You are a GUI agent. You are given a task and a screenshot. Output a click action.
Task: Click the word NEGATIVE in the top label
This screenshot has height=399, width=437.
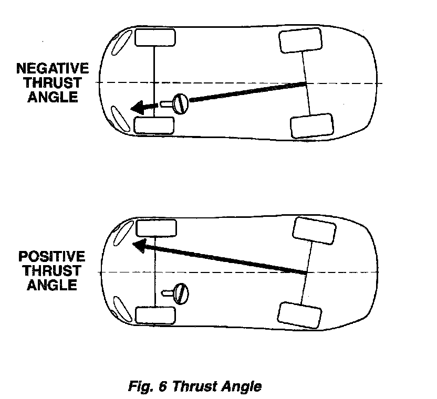[x=53, y=69]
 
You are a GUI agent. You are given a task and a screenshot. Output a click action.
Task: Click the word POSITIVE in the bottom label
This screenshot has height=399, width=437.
[x=51, y=257]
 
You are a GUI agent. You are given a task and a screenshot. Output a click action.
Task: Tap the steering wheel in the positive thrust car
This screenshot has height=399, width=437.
[x=182, y=292]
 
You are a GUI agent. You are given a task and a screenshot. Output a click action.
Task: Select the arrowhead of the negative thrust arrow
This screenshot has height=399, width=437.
[x=139, y=108]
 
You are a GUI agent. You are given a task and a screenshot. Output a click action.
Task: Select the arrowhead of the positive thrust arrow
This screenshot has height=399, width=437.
[x=139, y=245]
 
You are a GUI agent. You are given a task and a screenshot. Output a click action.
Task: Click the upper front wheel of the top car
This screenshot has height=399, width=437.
[x=155, y=38]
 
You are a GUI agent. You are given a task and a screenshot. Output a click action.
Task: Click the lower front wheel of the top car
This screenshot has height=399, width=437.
[x=154, y=125]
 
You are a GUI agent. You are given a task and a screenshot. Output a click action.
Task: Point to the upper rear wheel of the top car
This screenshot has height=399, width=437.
[x=300, y=41]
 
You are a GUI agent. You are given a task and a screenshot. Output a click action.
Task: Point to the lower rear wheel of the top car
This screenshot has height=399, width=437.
[x=311, y=125]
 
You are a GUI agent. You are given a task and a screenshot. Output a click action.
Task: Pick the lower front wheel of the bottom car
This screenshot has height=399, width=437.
[x=155, y=315]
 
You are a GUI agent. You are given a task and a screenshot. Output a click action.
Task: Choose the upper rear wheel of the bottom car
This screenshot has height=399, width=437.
[x=314, y=230]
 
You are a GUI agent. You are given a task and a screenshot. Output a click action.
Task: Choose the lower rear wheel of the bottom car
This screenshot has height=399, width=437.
[x=299, y=314]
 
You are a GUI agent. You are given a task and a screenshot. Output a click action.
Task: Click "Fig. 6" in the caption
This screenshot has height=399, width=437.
[x=148, y=387]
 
